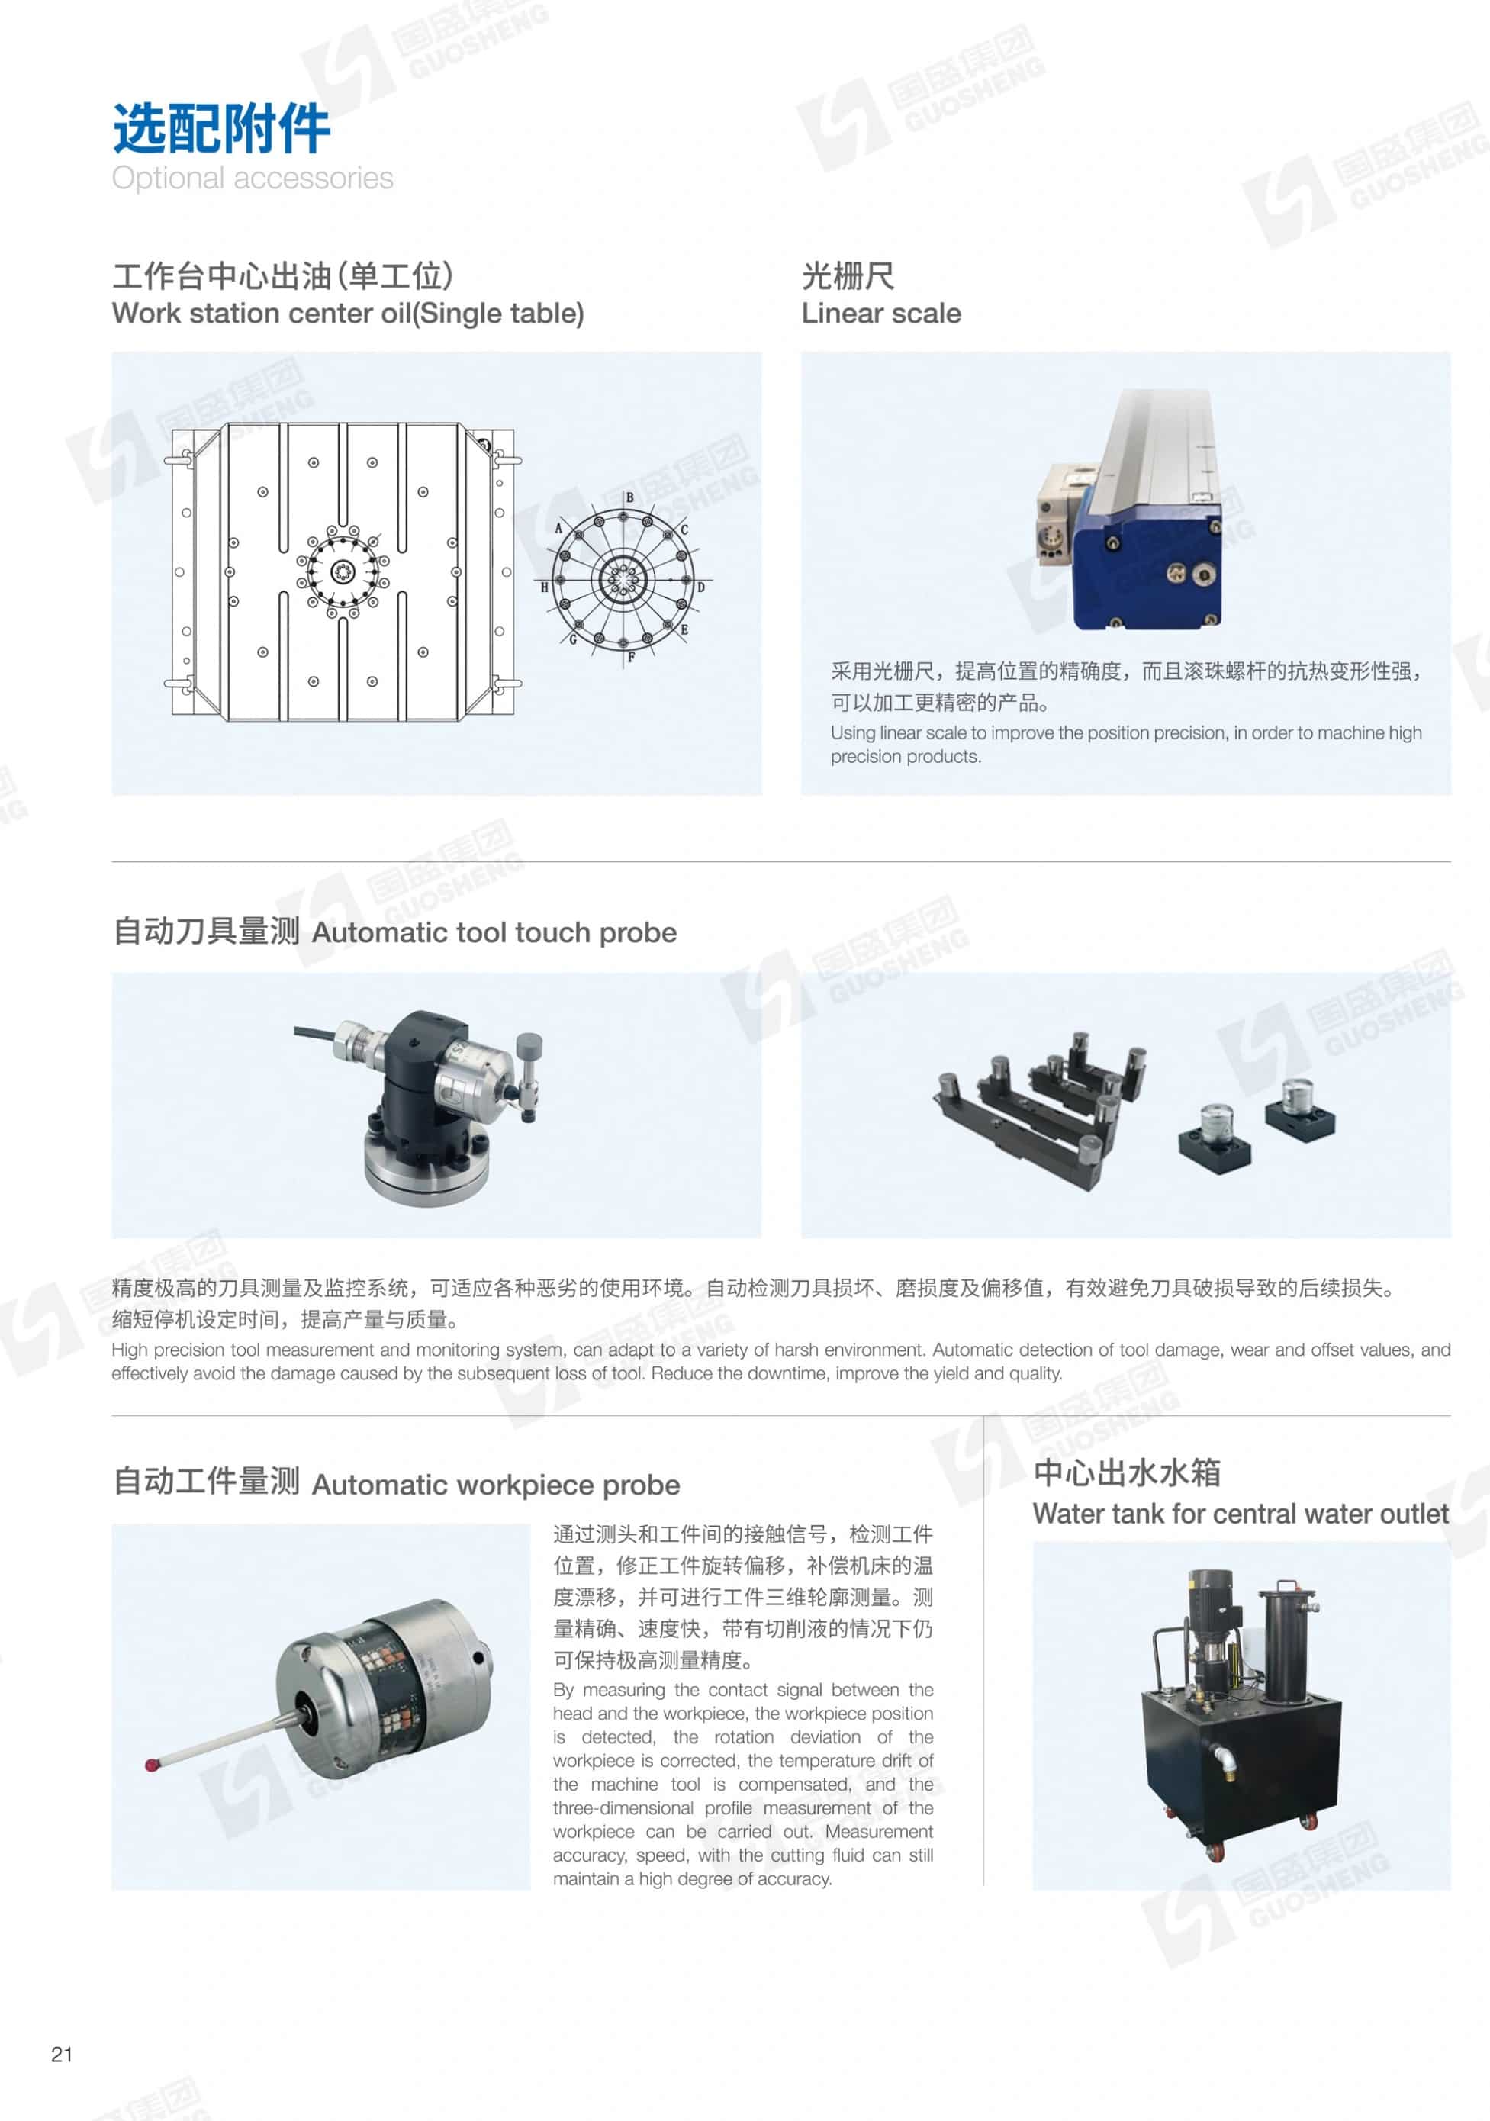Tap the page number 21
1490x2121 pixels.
[62, 2054]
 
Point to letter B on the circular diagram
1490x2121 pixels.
[629, 497]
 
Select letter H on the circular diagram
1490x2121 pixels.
[544, 587]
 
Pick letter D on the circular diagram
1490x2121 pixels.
[701, 587]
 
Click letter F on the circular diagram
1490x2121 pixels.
[631, 658]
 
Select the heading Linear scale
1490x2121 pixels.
[881, 313]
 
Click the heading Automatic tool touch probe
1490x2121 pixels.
[494, 932]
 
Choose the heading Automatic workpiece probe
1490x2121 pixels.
[496, 1485]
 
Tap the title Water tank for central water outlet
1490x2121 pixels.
[1241, 1513]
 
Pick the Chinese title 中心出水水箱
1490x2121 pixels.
[1127, 1472]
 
